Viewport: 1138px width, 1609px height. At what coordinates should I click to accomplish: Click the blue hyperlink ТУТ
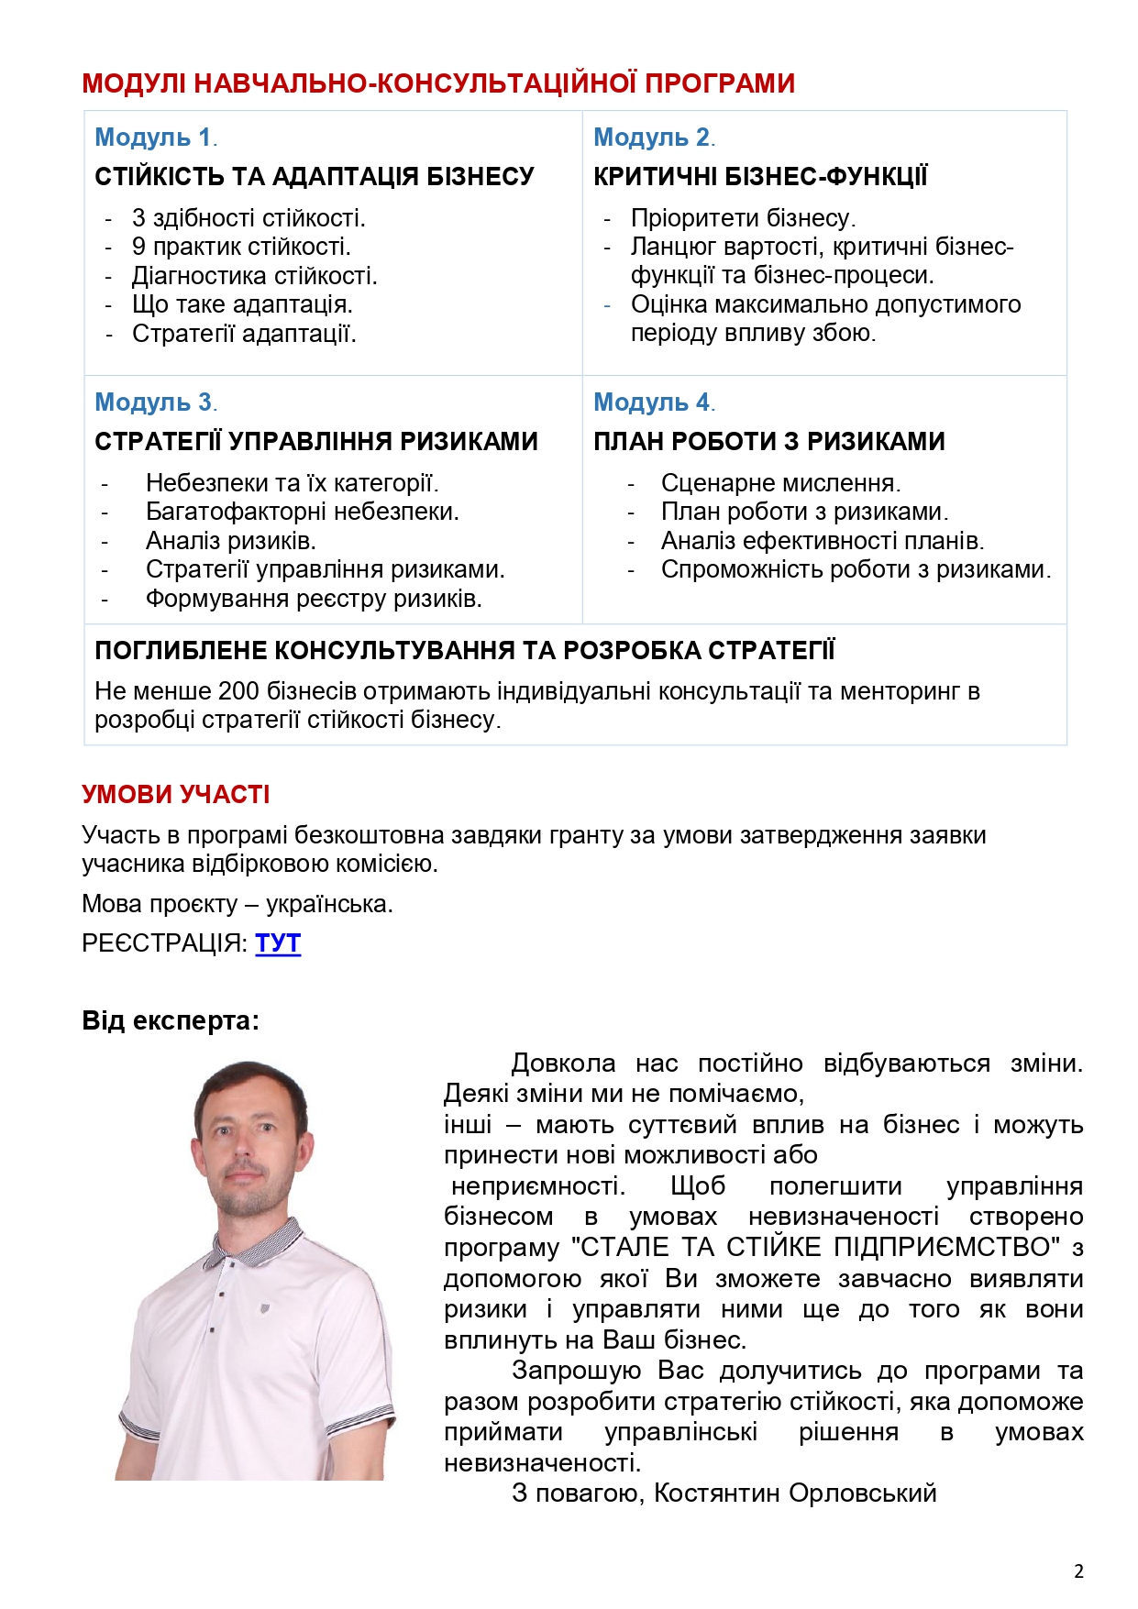coord(278,943)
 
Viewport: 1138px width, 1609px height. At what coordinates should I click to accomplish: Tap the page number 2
coord(1078,1570)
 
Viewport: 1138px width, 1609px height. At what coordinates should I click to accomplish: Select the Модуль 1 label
coord(153,138)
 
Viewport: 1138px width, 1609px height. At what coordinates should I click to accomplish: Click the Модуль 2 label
coord(652,138)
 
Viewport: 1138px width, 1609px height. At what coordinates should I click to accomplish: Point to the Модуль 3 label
coord(153,402)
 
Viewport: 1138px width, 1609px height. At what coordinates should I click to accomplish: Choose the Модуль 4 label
coord(652,402)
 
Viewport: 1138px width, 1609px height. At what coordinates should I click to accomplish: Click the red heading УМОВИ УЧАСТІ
coord(176,794)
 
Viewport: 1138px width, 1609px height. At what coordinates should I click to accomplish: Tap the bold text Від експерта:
coord(171,1020)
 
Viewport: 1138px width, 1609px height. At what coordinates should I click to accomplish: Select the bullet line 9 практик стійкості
coord(241,247)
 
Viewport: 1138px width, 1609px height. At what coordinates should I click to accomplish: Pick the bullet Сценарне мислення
coord(780,483)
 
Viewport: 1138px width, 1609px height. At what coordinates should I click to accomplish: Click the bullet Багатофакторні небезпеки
coord(302,512)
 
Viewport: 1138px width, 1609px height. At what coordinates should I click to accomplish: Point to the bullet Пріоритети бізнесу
coord(743,218)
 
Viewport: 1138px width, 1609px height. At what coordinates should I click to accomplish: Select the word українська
coord(328,904)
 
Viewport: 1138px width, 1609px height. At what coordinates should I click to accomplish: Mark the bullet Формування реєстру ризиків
coord(314,600)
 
